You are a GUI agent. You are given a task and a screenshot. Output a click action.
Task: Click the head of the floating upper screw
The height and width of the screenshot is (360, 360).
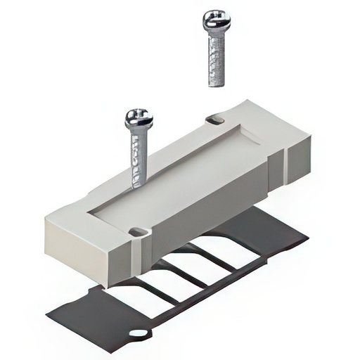(217, 21)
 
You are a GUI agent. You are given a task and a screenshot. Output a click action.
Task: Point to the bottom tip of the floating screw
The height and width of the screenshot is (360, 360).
(217, 84)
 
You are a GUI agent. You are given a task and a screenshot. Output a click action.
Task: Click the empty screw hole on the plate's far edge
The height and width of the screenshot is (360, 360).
(216, 120)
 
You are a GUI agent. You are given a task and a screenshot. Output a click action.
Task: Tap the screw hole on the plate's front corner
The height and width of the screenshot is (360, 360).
(139, 231)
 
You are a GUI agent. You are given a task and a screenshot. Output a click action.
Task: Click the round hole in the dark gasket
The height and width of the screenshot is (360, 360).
(139, 333)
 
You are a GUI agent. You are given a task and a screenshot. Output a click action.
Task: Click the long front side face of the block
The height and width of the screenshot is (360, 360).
(204, 211)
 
